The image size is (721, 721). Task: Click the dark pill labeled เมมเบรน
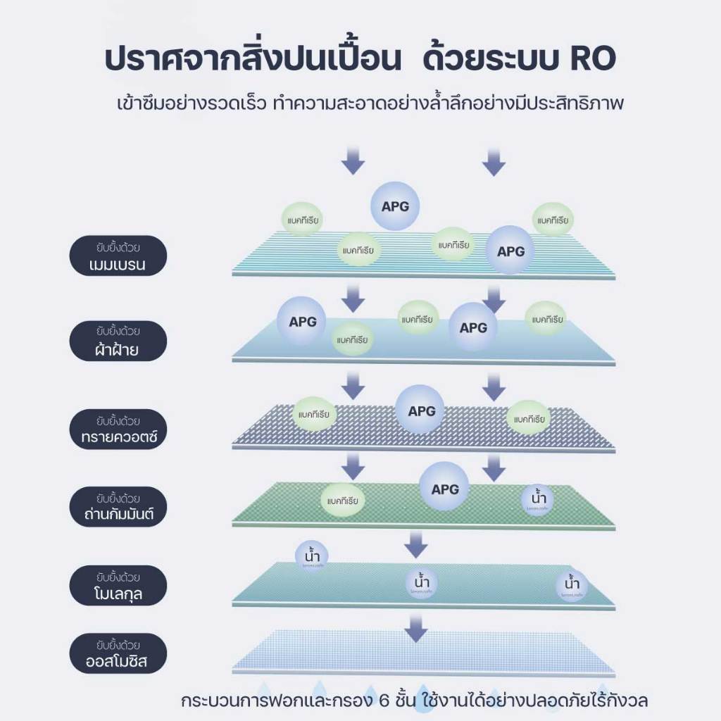point(118,256)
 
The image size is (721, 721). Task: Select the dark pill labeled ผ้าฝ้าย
point(118,341)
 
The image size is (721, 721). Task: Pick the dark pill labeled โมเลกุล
point(118,585)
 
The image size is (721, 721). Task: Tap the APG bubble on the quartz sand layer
point(422,411)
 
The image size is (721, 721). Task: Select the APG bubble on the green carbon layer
point(445,489)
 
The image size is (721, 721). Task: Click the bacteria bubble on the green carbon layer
point(343,501)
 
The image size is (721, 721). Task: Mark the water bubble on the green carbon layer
point(537,499)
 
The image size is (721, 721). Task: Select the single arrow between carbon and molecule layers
point(417,543)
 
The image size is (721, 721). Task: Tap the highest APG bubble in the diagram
point(395,207)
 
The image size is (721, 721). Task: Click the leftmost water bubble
point(311,556)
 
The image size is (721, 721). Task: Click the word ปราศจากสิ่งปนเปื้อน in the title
point(252,59)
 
